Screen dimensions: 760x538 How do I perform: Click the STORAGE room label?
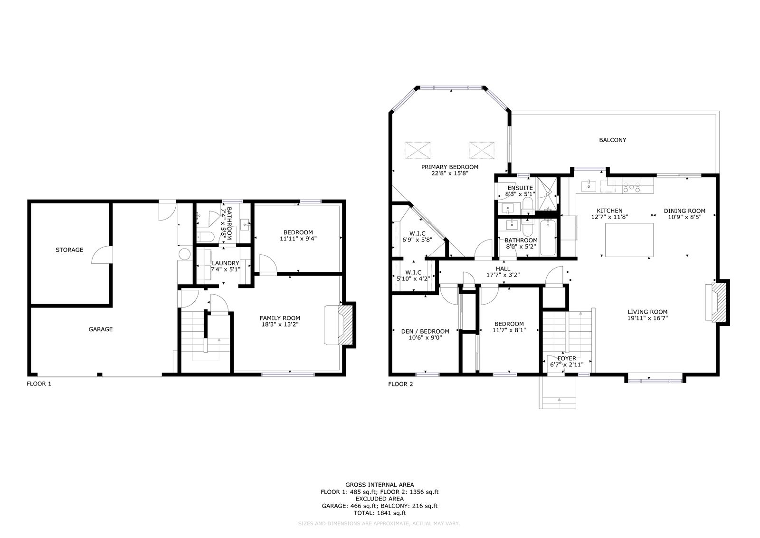[69, 250]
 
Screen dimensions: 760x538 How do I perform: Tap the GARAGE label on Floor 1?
[100, 329]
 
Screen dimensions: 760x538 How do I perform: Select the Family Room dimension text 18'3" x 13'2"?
[280, 325]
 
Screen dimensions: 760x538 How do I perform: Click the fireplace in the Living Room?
[717, 302]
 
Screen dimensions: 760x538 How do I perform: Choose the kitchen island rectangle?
[629, 240]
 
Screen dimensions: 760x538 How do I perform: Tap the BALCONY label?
[612, 140]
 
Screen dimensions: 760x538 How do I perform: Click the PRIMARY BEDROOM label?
[450, 167]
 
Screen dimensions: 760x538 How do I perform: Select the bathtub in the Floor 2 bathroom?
[548, 238]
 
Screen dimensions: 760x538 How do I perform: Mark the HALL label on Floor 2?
[503, 269]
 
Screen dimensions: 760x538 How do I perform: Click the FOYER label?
[567, 358]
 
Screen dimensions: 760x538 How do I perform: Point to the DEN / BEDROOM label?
[425, 332]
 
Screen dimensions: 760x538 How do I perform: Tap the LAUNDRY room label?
[226, 263]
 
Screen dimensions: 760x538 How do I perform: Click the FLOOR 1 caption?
[39, 384]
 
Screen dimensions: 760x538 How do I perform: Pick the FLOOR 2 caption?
[401, 384]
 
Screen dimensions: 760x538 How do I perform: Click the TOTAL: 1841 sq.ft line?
[380, 513]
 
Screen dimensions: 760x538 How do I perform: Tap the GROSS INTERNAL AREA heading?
[380, 485]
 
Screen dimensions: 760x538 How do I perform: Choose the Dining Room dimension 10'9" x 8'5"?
[684, 217]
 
